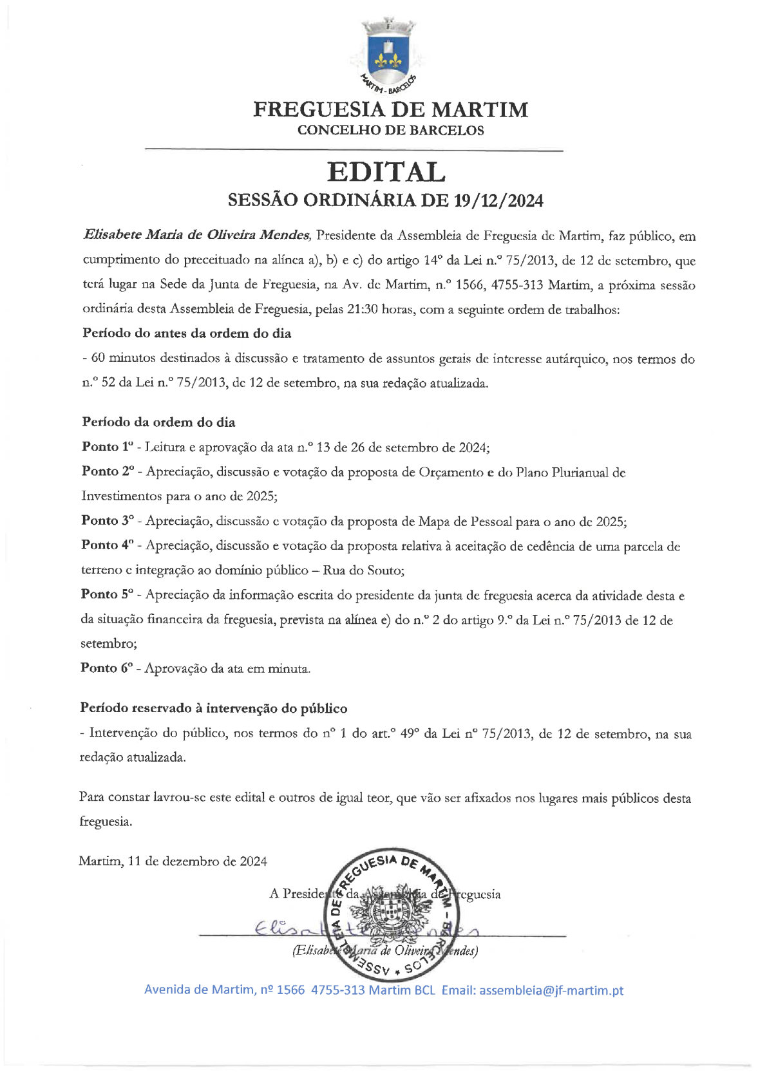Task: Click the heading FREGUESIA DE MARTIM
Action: click(390, 109)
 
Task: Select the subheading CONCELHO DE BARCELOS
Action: click(390, 131)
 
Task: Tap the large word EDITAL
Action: click(386, 172)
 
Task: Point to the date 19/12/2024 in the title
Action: click(498, 201)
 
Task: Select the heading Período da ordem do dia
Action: click(158, 422)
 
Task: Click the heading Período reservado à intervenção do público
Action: click(213, 709)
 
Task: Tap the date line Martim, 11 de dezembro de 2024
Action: click(173, 861)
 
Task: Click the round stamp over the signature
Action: click(393, 914)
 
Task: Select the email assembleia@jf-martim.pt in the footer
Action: click(551, 990)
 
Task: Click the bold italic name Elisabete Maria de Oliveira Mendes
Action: click(197, 235)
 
